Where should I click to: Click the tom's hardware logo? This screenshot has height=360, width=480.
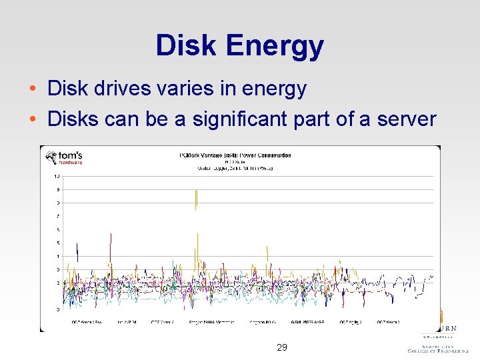64,158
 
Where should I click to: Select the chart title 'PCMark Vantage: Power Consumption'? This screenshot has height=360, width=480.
235,155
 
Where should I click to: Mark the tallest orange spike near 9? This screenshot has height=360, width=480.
196,198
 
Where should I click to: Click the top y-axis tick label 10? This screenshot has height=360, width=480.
57,176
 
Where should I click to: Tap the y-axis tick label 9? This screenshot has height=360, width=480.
57,189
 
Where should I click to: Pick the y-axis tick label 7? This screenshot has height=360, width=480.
57,216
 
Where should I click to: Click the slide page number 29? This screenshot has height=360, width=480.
282,347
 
